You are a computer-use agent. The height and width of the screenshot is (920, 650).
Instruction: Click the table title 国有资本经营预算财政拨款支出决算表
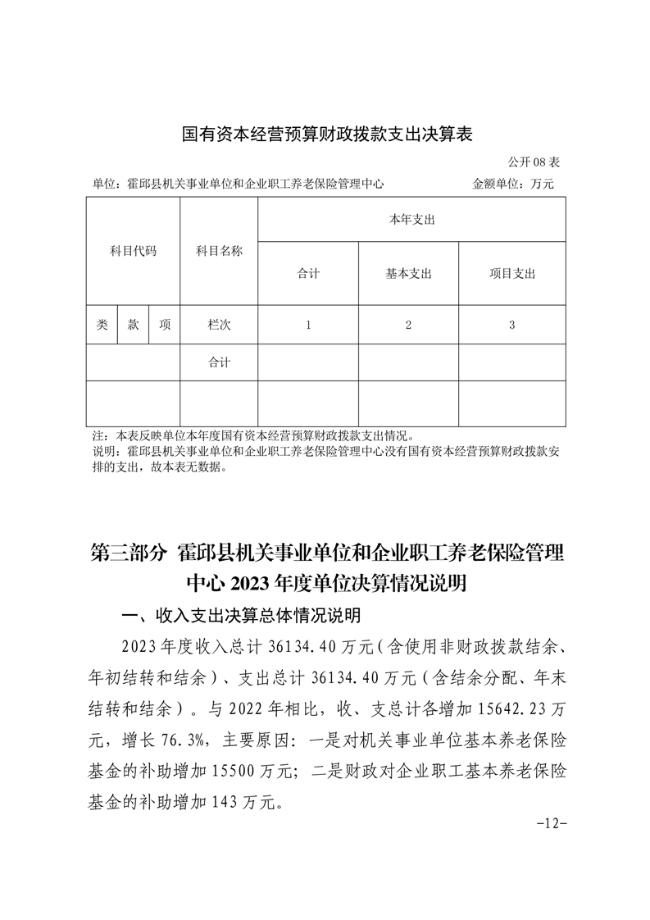coord(327,134)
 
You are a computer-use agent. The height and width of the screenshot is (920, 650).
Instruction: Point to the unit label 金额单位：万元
coord(513,184)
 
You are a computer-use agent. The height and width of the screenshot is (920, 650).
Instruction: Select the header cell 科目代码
coord(133,251)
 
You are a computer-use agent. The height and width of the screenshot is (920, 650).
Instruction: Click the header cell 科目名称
coord(219,251)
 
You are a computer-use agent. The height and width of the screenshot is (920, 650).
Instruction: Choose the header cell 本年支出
coord(411,220)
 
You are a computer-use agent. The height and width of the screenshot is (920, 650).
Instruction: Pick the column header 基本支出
coord(408,274)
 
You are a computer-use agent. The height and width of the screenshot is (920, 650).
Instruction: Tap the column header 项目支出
coord(511,274)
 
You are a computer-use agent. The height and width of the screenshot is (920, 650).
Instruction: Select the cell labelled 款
coord(133,325)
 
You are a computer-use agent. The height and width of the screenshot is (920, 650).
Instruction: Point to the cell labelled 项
coord(165,325)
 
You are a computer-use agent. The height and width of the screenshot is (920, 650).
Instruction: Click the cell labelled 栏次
coord(219,325)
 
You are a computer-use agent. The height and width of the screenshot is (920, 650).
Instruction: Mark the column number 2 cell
coord(408,325)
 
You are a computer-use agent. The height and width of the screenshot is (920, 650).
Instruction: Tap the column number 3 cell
coord(511,325)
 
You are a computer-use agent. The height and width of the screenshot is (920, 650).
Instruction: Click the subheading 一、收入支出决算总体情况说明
coord(240,615)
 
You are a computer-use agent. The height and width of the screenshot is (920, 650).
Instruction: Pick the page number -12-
coord(551,822)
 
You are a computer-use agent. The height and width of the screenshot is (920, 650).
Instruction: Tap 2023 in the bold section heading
coord(255,583)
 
